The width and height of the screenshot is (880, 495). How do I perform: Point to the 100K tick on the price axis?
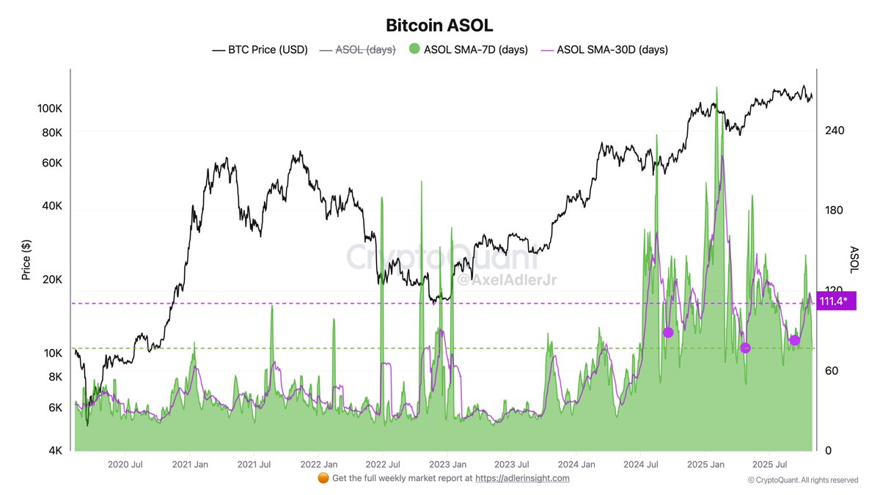(49, 109)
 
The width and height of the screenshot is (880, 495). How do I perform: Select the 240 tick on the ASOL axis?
(835, 131)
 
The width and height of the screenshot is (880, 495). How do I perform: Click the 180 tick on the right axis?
(835, 210)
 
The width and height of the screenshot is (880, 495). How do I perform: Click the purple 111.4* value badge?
(834, 301)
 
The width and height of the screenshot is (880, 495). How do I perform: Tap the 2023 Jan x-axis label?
(448, 464)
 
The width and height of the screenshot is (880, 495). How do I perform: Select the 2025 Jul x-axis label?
(770, 464)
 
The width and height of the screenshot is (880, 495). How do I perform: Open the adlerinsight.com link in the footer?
(522, 478)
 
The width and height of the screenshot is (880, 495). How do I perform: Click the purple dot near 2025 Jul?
(794, 340)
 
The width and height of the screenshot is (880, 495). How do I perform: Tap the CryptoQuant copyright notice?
(803, 480)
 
